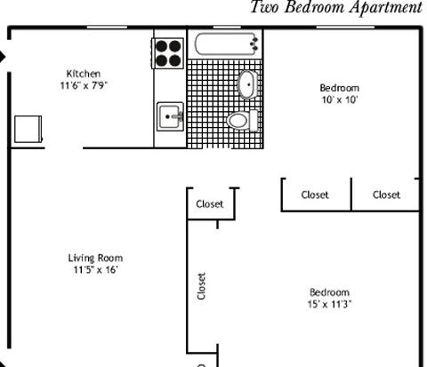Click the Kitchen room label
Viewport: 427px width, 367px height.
tap(84, 74)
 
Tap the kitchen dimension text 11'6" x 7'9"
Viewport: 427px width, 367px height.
tap(84, 85)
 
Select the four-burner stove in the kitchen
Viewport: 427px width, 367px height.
tap(168, 53)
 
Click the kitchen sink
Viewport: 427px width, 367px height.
tap(170, 116)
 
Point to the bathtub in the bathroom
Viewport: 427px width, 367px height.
tap(226, 44)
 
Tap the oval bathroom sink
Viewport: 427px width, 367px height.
tap(247, 84)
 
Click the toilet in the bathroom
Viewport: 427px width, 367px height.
tap(242, 121)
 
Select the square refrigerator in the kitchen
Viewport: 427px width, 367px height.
tap(28, 129)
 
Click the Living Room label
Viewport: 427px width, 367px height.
tap(95, 258)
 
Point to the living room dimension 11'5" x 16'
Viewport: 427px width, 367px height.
tap(96, 270)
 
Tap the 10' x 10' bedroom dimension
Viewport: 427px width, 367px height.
tap(340, 100)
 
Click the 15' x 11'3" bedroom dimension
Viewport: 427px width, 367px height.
tap(329, 304)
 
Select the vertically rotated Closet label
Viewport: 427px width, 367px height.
tap(201, 286)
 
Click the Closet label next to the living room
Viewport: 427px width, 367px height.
tap(210, 203)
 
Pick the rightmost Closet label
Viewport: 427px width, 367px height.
tap(386, 195)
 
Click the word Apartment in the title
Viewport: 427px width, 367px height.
tap(385, 7)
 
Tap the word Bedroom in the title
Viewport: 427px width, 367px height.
tap(315, 6)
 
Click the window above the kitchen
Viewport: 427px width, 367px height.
tap(107, 28)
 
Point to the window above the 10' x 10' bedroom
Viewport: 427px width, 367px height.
tap(345, 28)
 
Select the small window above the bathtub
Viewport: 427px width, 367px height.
tap(227, 28)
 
